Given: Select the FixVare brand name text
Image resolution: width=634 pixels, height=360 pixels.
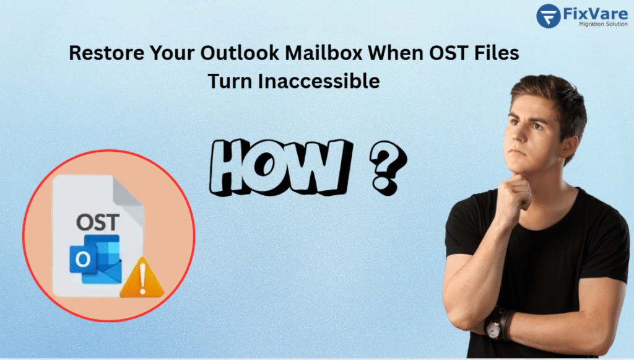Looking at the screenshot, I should click(591, 12).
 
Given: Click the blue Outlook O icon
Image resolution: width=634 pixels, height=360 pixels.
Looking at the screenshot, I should click(82, 260).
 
